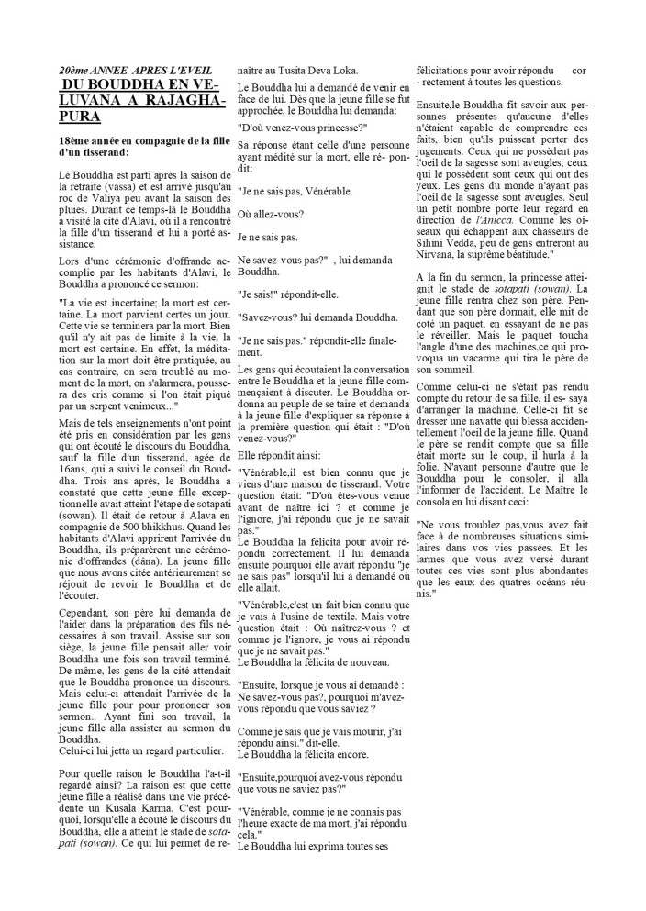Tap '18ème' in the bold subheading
click(75, 139)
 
